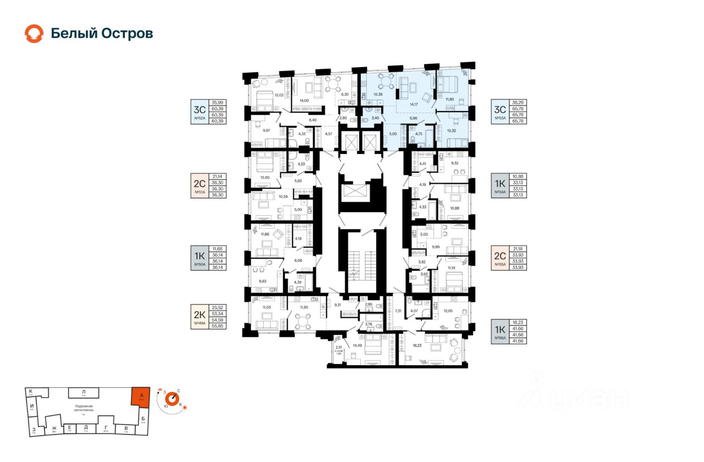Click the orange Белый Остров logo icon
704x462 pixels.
coord(34,34)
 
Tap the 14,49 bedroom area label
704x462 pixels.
coord(349,345)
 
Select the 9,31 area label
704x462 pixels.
coord(338,304)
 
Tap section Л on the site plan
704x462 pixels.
coord(84,392)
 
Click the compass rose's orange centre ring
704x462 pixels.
coord(173,398)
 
